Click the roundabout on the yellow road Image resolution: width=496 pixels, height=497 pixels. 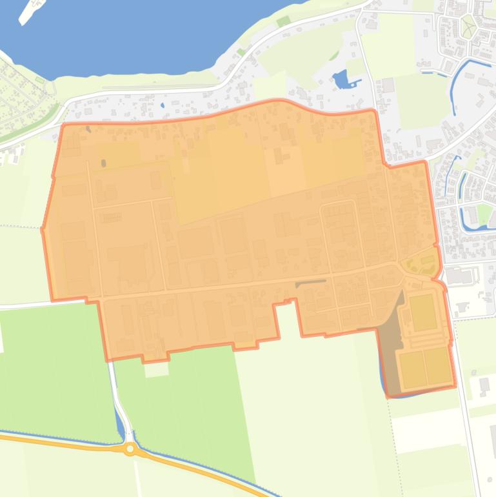pos(130,448)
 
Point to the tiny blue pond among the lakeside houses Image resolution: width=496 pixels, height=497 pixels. pos(162,105)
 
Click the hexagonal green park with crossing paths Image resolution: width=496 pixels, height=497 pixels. pos(468,26)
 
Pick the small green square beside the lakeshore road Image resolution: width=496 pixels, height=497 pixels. pos(284,21)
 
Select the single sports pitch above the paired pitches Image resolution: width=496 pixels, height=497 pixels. pos(422,312)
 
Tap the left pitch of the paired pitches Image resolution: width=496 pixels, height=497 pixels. pos(411,369)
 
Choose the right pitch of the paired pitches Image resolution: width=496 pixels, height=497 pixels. pos(437,365)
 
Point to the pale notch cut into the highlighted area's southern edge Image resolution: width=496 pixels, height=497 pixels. pos(288,319)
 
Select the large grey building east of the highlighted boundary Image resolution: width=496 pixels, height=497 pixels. pos(459,276)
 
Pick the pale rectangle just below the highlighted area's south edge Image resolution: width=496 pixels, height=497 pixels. pos(155,369)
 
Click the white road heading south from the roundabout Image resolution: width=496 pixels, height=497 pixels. pos(137,478)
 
